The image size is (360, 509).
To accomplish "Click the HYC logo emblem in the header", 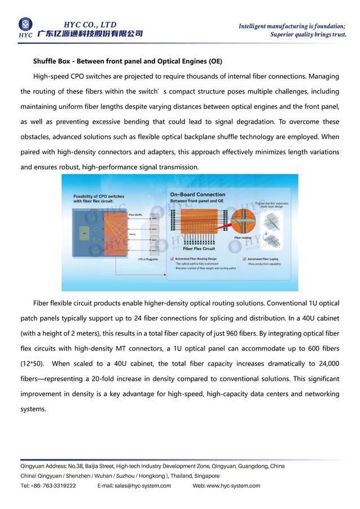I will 25,24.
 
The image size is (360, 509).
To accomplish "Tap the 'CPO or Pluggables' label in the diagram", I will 148,259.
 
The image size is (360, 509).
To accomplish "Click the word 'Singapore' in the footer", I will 204,476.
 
